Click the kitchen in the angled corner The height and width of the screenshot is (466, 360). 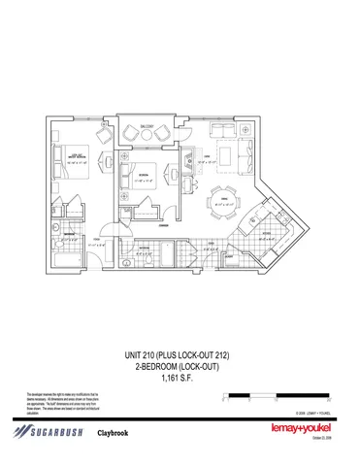(263, 223)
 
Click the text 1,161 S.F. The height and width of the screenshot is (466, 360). (180, 377)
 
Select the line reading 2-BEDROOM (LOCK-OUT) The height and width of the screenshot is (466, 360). (180, 365)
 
